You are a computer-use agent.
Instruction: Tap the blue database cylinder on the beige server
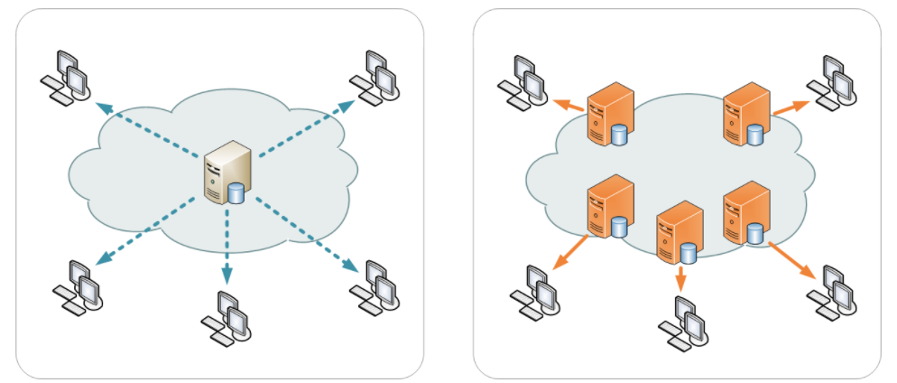[x=237, y=193]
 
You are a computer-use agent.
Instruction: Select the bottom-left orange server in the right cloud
[x=609, y=205]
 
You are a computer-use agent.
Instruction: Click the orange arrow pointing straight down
[x=680, y=277]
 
